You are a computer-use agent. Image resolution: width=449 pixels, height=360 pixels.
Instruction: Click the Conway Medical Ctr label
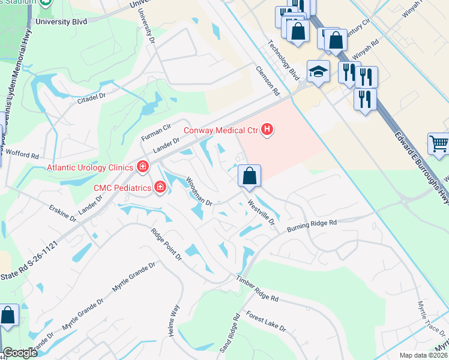pos(220,130)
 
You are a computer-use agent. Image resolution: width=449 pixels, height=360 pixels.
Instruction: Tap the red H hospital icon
pos(268,130)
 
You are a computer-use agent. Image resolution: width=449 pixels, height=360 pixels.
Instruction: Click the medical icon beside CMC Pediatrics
pos(160,187)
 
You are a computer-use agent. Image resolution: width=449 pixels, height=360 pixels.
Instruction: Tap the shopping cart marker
pos(439,145)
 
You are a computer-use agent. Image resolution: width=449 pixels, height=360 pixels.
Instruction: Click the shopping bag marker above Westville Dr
pos(249,176)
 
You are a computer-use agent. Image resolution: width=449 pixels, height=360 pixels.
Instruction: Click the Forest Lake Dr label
pos(267,322)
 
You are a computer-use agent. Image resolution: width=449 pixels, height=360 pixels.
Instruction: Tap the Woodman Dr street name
pos(199,191)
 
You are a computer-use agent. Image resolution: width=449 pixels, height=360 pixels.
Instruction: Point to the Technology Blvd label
pos(284,60)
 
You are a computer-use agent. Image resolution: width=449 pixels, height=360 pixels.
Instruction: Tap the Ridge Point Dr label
pos(166,245)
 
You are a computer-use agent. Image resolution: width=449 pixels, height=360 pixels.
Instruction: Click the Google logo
pos(20,352)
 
